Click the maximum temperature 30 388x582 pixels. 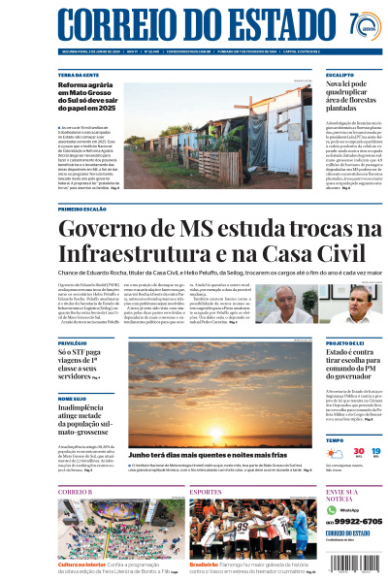[332, 452]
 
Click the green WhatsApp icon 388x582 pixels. [331, 510]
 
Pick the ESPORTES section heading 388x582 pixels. [206, 492]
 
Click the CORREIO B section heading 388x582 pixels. [75, 492]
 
